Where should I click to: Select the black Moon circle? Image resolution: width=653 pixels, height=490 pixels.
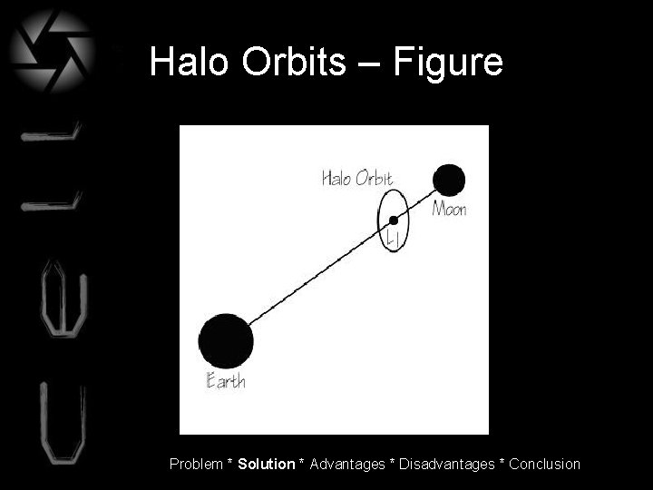pos(449,180)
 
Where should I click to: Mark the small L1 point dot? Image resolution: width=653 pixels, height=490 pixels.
pos(394,220)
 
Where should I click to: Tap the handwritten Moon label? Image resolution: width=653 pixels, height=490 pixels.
pos(449,210)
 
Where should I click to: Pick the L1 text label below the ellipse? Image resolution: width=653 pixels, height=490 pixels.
pos(394,240)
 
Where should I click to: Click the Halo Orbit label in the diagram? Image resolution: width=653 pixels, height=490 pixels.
pos(357,178)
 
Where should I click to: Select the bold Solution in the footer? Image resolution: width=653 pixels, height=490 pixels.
pos(267,464)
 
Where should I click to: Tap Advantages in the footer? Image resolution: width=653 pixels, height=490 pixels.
pos(347,464)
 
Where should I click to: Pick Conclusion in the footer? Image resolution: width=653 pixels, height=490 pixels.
pos(544,464)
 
